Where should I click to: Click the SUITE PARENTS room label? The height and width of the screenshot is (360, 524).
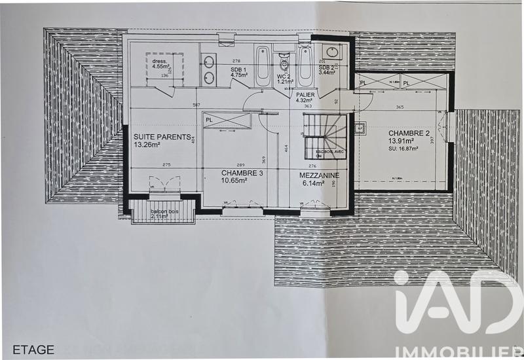pos(162,137)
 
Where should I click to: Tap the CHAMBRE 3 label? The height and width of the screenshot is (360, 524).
pos(224,173)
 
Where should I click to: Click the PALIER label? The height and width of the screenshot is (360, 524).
pos(305,94)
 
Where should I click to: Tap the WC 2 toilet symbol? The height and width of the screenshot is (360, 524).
pos(284,64)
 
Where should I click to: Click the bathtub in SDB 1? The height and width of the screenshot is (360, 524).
pos(262,65)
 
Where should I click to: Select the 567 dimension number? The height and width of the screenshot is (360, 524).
pos(196,105)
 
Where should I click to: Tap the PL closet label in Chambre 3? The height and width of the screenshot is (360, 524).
pos(209,120)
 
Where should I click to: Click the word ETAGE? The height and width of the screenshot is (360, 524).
pos(33,350)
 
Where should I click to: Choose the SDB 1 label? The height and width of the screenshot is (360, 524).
pos(238,68)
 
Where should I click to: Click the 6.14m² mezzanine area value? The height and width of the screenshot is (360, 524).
pos(315,184)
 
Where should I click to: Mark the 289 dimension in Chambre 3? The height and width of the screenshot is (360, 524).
pos(223,165)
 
